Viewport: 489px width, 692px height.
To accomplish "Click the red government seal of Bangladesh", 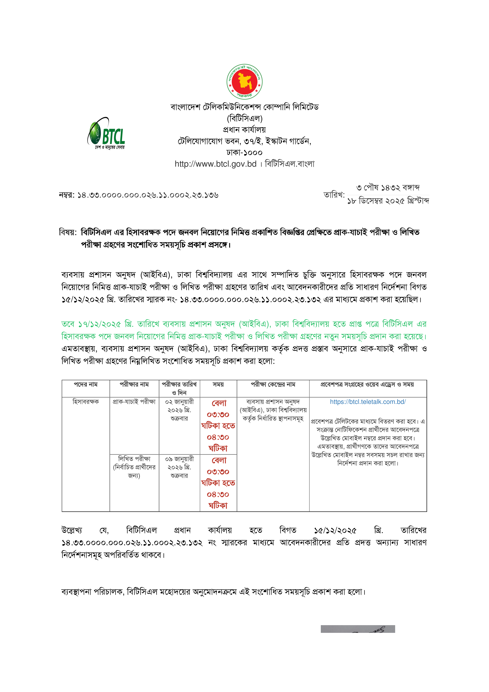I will (x=244, y=81).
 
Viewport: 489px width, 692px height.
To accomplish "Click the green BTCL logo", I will (x=106, y=132).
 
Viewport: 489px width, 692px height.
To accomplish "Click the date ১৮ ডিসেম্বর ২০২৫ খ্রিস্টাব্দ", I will (x=388, y=201).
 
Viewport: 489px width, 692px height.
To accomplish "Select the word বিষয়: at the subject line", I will (x=68, y=232).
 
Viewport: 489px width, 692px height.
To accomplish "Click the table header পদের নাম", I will (x=86, y=385).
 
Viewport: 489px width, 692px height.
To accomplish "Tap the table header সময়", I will (x=218, y=385).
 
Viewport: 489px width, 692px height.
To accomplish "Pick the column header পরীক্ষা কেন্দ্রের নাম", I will (x=273, y=385).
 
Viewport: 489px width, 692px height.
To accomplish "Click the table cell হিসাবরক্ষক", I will (x=86, y=402).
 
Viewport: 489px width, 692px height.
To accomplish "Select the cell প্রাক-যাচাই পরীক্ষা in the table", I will (x=134, y=402).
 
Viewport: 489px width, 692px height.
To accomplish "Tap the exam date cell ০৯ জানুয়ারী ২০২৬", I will (x=179, y=463).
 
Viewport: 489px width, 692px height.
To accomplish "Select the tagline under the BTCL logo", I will (x=110, y=147).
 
